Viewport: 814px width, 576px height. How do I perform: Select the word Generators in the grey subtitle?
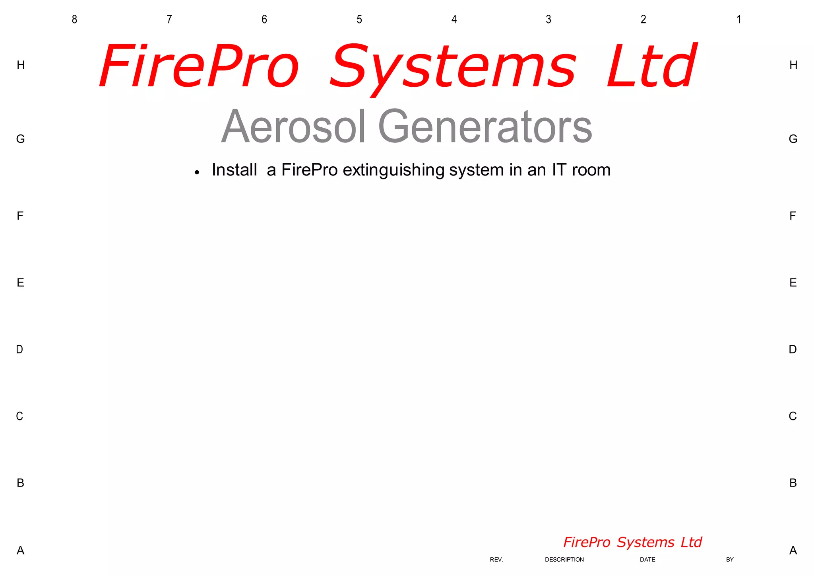[x=485, y=126]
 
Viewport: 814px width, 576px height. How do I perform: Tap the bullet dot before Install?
[x=197, y=172]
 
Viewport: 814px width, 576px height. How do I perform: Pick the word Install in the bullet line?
[x=235, y=170]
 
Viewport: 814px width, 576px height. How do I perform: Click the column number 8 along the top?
[x=74, y=19]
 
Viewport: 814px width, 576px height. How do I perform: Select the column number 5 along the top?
[x=359, y=19]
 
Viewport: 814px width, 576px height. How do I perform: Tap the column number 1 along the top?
[x=738, y=19]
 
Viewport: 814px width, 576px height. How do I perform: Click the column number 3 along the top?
[x=548, y=19]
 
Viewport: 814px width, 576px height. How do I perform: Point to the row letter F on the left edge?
[x=20, y=216]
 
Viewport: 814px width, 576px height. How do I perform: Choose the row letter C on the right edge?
[x=793, y=416]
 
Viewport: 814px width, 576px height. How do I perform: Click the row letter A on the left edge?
[x=20, y=551]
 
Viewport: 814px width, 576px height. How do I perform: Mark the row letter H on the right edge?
[x=793, y=65]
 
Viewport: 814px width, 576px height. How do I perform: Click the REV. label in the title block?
[x=496, y=560]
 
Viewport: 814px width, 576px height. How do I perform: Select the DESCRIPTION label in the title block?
[x=564, y=560]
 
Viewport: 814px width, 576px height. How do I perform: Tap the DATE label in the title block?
[x=647, y=560]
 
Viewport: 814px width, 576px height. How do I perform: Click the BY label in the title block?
[x=730, y=560]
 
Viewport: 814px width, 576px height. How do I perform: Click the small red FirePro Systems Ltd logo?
[x=632, y=542]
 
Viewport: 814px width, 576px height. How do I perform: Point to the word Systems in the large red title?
[x=452, y=67]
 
